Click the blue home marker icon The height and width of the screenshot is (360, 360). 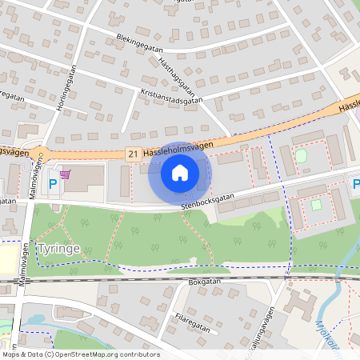click(180, 172)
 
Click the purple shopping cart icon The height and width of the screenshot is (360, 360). click(65, 174)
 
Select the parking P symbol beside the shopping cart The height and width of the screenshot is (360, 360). click(53, 185)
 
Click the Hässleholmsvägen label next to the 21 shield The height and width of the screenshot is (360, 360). click(179, 145)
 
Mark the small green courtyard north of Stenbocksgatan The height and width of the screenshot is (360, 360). click(301, 155)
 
